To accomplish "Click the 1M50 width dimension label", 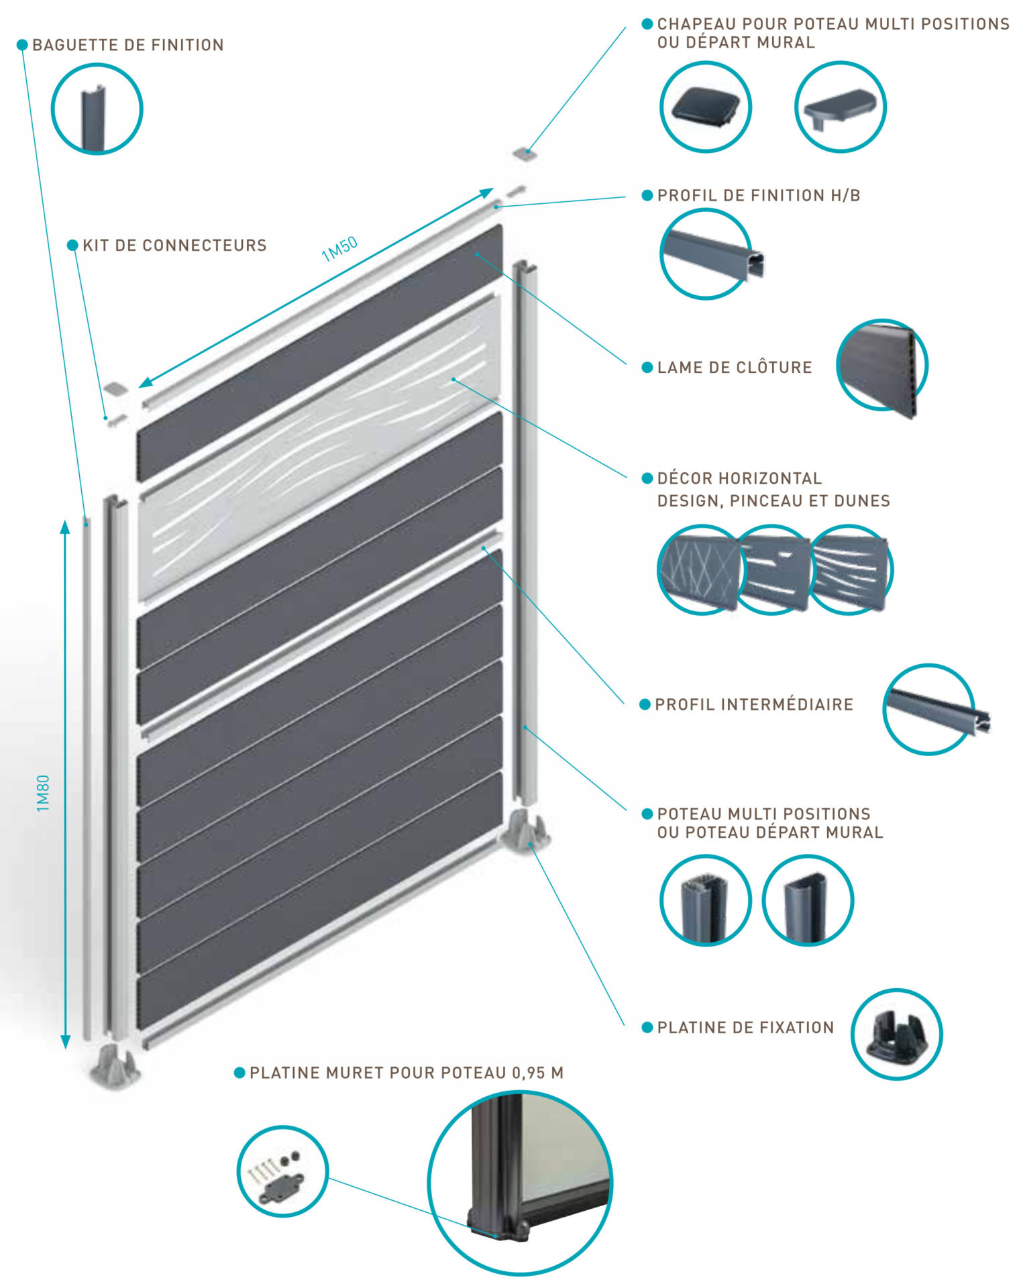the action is [x=339, y=249].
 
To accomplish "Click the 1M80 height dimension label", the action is [x=43, y=793].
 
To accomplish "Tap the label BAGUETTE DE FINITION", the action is [x=128, y=45].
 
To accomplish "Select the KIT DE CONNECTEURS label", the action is [x=174, y=246].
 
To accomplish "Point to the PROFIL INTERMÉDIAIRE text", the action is [x=754, y=704].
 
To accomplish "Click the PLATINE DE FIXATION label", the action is [x=745, y=1027].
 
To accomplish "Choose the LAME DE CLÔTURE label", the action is [x=735, y=368].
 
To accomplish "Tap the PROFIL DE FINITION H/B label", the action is [x=759, y=195].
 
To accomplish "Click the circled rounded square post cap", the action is [x=705, y=107].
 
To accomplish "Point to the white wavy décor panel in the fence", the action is [x=319, y=448].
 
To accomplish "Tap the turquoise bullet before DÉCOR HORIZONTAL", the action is [x=647, y=478].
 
